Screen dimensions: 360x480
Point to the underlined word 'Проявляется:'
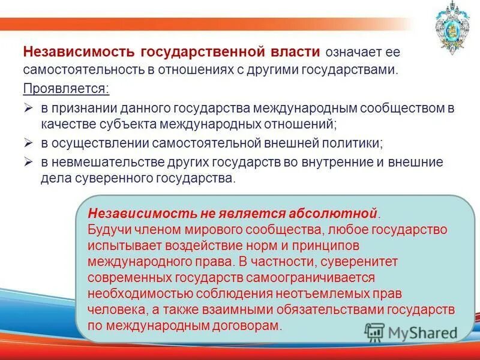(67, 89)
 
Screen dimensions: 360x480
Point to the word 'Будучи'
(106, 230)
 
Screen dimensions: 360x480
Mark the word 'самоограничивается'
(317, 278)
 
